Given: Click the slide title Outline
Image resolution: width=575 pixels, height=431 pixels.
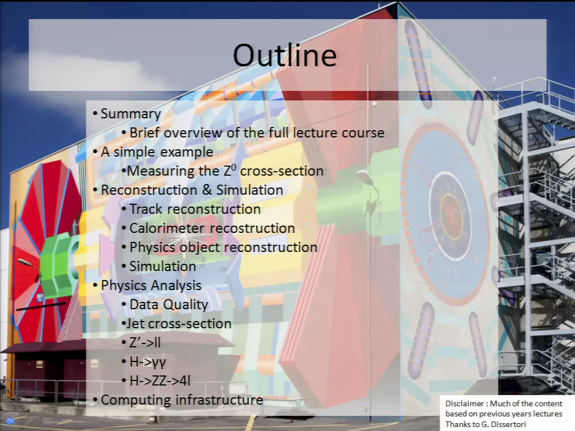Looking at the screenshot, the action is coord(285,55).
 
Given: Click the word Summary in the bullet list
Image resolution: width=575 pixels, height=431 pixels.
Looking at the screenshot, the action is coord(131,114).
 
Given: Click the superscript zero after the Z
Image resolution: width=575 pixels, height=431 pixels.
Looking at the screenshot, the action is coord(234,167).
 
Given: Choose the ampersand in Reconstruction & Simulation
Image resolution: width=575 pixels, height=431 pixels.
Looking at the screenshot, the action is coord(207,190).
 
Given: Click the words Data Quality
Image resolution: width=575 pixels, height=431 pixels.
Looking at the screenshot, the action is coord(168,305).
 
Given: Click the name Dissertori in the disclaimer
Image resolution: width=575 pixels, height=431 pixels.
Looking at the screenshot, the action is coord(508,424).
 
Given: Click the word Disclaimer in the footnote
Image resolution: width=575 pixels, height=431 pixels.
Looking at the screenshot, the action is coord(464,404).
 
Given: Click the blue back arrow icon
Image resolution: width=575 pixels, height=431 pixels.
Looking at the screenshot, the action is coord(10,421).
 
